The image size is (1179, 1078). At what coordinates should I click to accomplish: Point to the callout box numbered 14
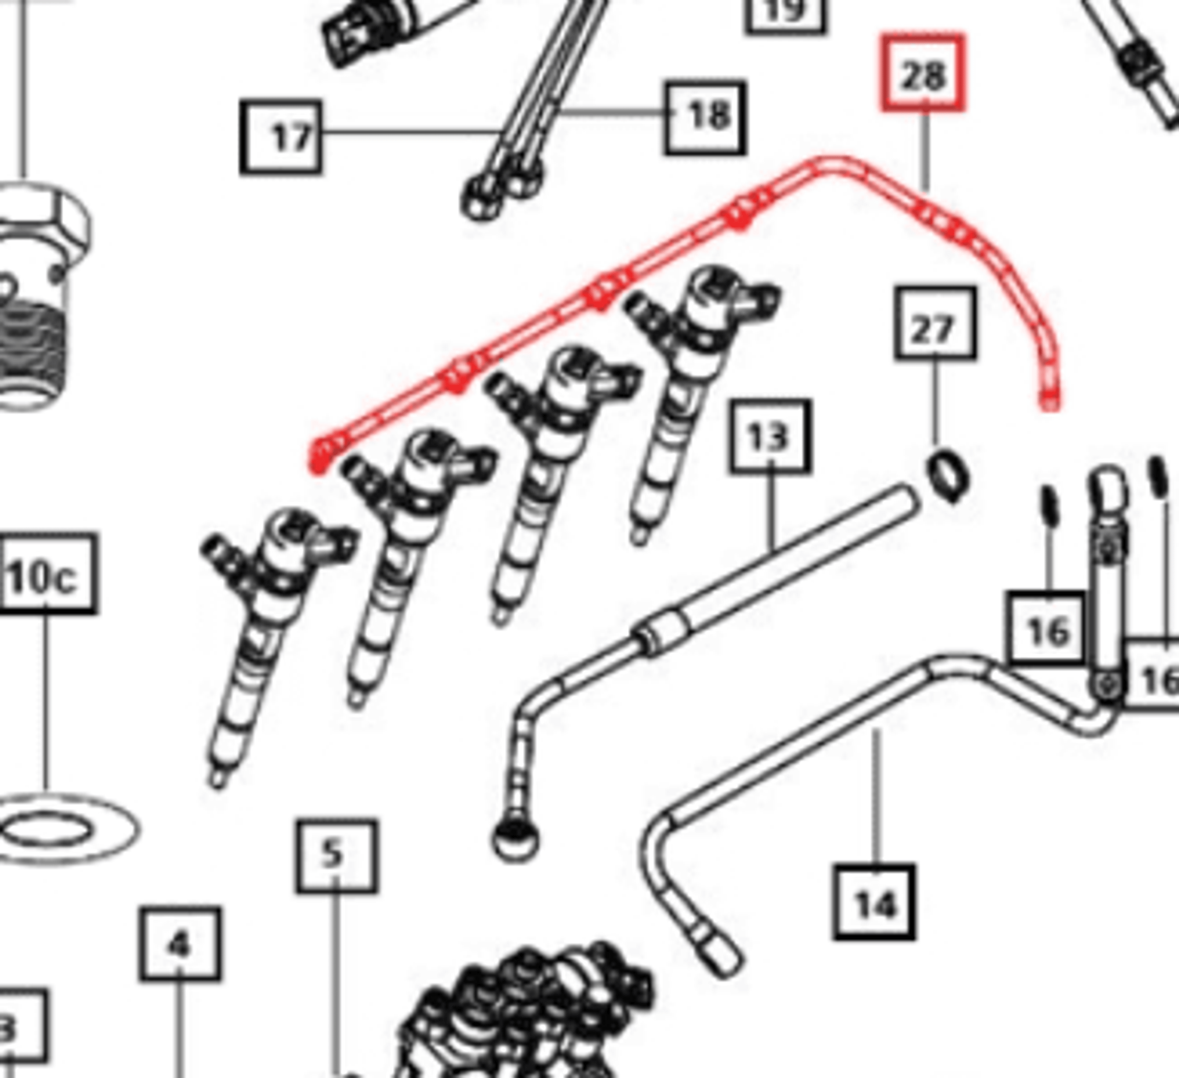click(x=874, y=902)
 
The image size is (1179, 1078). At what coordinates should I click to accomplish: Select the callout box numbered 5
click(x=336, y=855)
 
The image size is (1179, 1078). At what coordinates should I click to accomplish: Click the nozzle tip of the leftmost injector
click(x=217, y=779)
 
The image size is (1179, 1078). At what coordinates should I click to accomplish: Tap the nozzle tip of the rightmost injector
click(x=639, y=536)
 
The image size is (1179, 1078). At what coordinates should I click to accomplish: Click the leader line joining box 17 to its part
click(x=409, y=131)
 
